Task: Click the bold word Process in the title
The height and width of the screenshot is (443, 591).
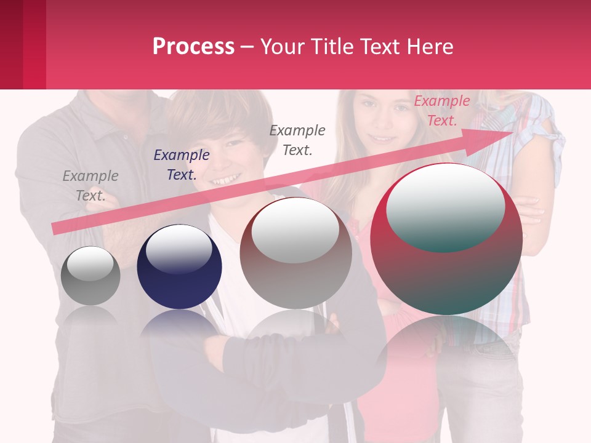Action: (193, 47)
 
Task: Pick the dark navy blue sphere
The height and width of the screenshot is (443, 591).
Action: (179, 277)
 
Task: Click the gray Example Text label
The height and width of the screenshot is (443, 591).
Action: (90, 185)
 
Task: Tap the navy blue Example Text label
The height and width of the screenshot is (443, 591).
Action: (182, 164)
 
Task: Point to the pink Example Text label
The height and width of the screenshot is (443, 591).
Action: (442, 111)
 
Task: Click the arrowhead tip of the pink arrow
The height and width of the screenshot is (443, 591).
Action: (511, 133)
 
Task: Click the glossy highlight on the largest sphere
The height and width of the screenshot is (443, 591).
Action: (446, 206)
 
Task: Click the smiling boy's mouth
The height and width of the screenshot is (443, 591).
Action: (226, 180)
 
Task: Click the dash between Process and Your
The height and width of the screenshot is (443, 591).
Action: (247, 47)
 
